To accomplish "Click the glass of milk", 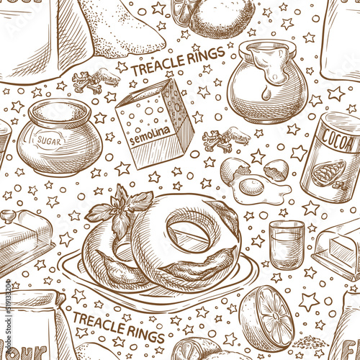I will pyautogui.click(x=287, y=244).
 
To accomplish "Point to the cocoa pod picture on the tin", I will pyautogui.click(x=329, y=174).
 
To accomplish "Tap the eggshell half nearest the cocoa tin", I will pyautogui.click(x=274, y=171).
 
